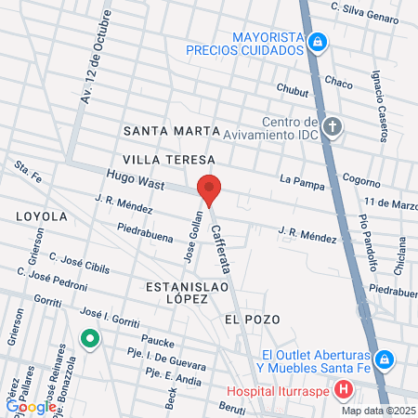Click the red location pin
coord(210,190)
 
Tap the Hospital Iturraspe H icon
coord(344,389)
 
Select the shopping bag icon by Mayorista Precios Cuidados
coord(318,41)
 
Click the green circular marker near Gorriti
coord(90,339)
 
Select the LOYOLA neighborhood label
coord(42,216)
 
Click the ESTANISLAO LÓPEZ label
coord(182,295)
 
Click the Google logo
coord(31,406)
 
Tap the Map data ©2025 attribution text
coord(376,411)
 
